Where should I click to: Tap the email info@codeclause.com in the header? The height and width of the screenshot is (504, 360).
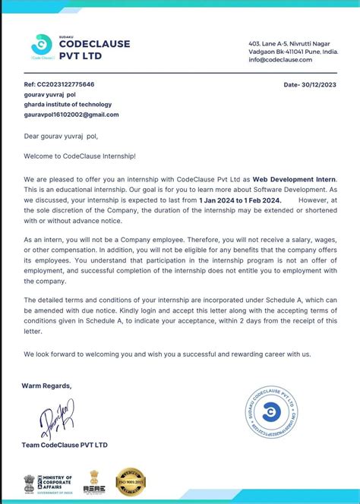click(280, 59)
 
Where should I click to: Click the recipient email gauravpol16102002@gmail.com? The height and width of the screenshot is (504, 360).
click(71, 115)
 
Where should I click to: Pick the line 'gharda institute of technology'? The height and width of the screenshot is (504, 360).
click(68, 105)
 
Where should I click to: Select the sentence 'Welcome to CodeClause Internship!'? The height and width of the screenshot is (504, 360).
click(80, 156)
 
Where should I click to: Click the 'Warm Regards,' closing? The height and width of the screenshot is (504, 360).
click(47, 386)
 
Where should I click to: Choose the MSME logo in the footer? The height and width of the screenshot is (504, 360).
click(96, 483)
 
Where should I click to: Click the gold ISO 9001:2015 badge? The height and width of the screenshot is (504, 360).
click(131, 482)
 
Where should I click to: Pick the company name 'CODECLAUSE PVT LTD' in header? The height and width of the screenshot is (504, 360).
click(94, 49)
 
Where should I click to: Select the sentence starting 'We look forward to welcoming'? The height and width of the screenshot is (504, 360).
click(167, 354)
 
